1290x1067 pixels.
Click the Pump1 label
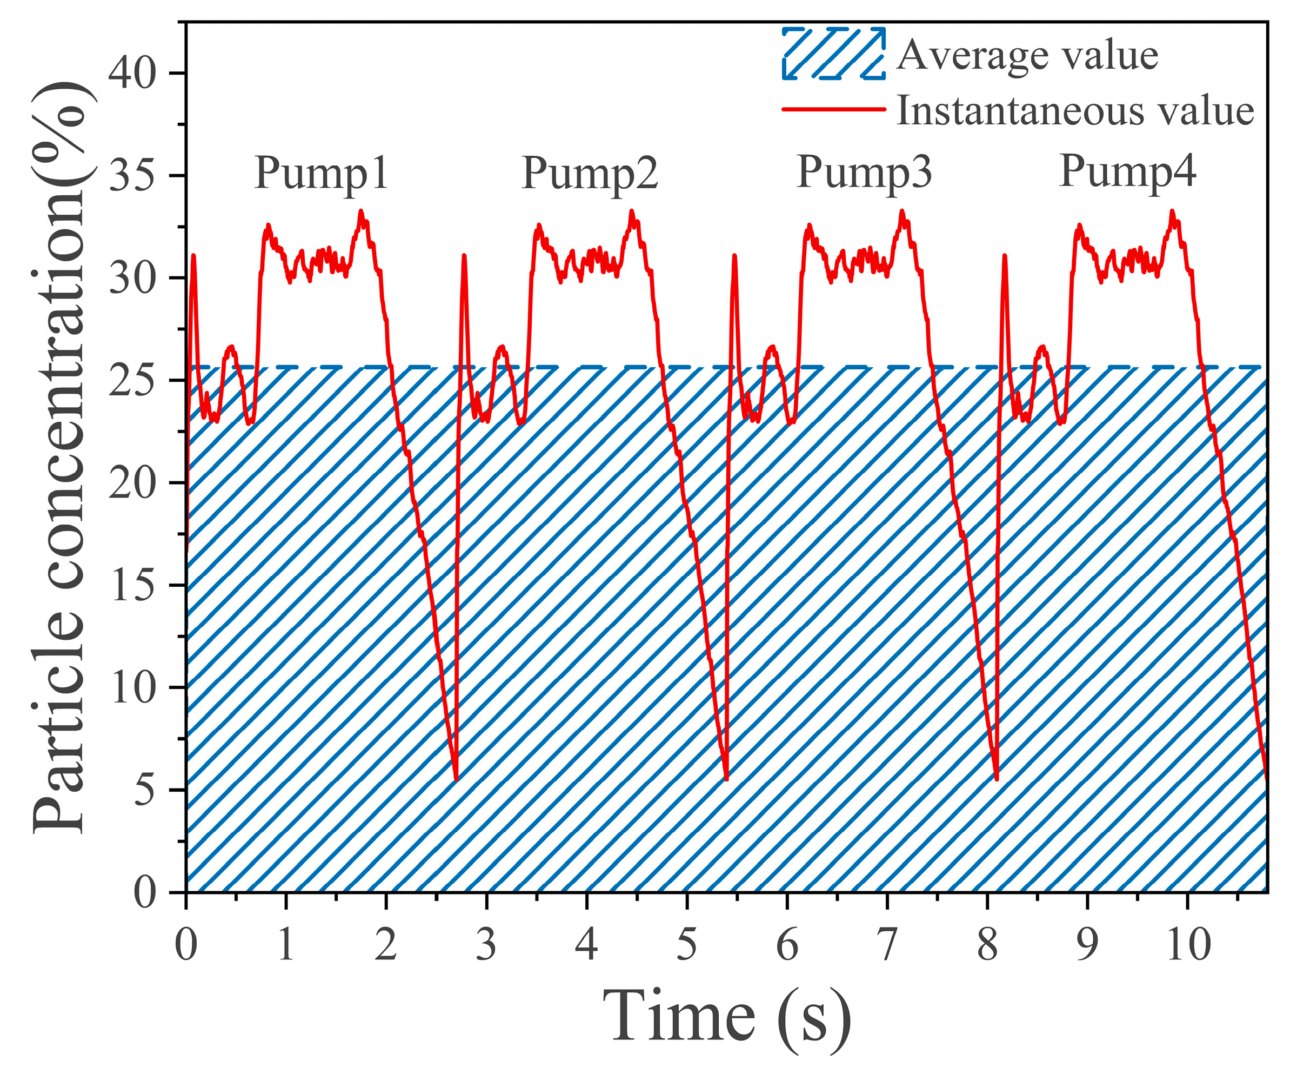click(321, 173)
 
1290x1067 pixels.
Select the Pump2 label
click(590, 173)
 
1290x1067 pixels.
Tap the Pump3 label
click(864, 172)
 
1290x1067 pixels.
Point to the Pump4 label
click(1128, 171)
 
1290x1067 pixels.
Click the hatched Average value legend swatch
click(833, 54)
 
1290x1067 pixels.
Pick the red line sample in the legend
click(833, 109)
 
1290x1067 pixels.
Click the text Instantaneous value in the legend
click(1075, 111)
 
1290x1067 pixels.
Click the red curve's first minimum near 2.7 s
click(456, 779)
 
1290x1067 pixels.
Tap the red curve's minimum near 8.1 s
click(997, 779)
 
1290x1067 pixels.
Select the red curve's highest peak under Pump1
click(360, 211)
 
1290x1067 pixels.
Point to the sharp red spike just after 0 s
click(193, 256)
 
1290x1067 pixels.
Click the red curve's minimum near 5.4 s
click(727, 779)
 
